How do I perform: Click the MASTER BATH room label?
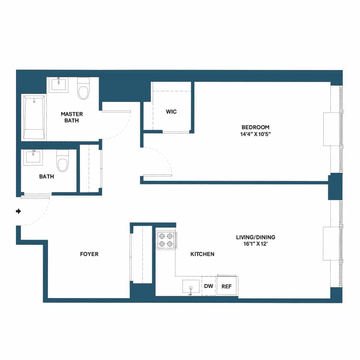72,117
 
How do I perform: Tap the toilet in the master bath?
84,89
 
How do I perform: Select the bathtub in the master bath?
34,117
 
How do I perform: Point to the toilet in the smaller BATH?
62,161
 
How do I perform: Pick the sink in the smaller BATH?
34,157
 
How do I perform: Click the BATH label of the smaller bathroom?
46,176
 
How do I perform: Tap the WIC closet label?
171,112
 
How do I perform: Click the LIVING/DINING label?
255,237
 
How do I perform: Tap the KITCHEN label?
202,254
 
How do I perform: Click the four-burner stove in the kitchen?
166,240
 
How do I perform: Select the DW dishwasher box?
208,286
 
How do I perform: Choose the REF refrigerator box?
227,286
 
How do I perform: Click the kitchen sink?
191,287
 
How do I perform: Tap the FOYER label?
89,254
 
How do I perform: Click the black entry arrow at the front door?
18,211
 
